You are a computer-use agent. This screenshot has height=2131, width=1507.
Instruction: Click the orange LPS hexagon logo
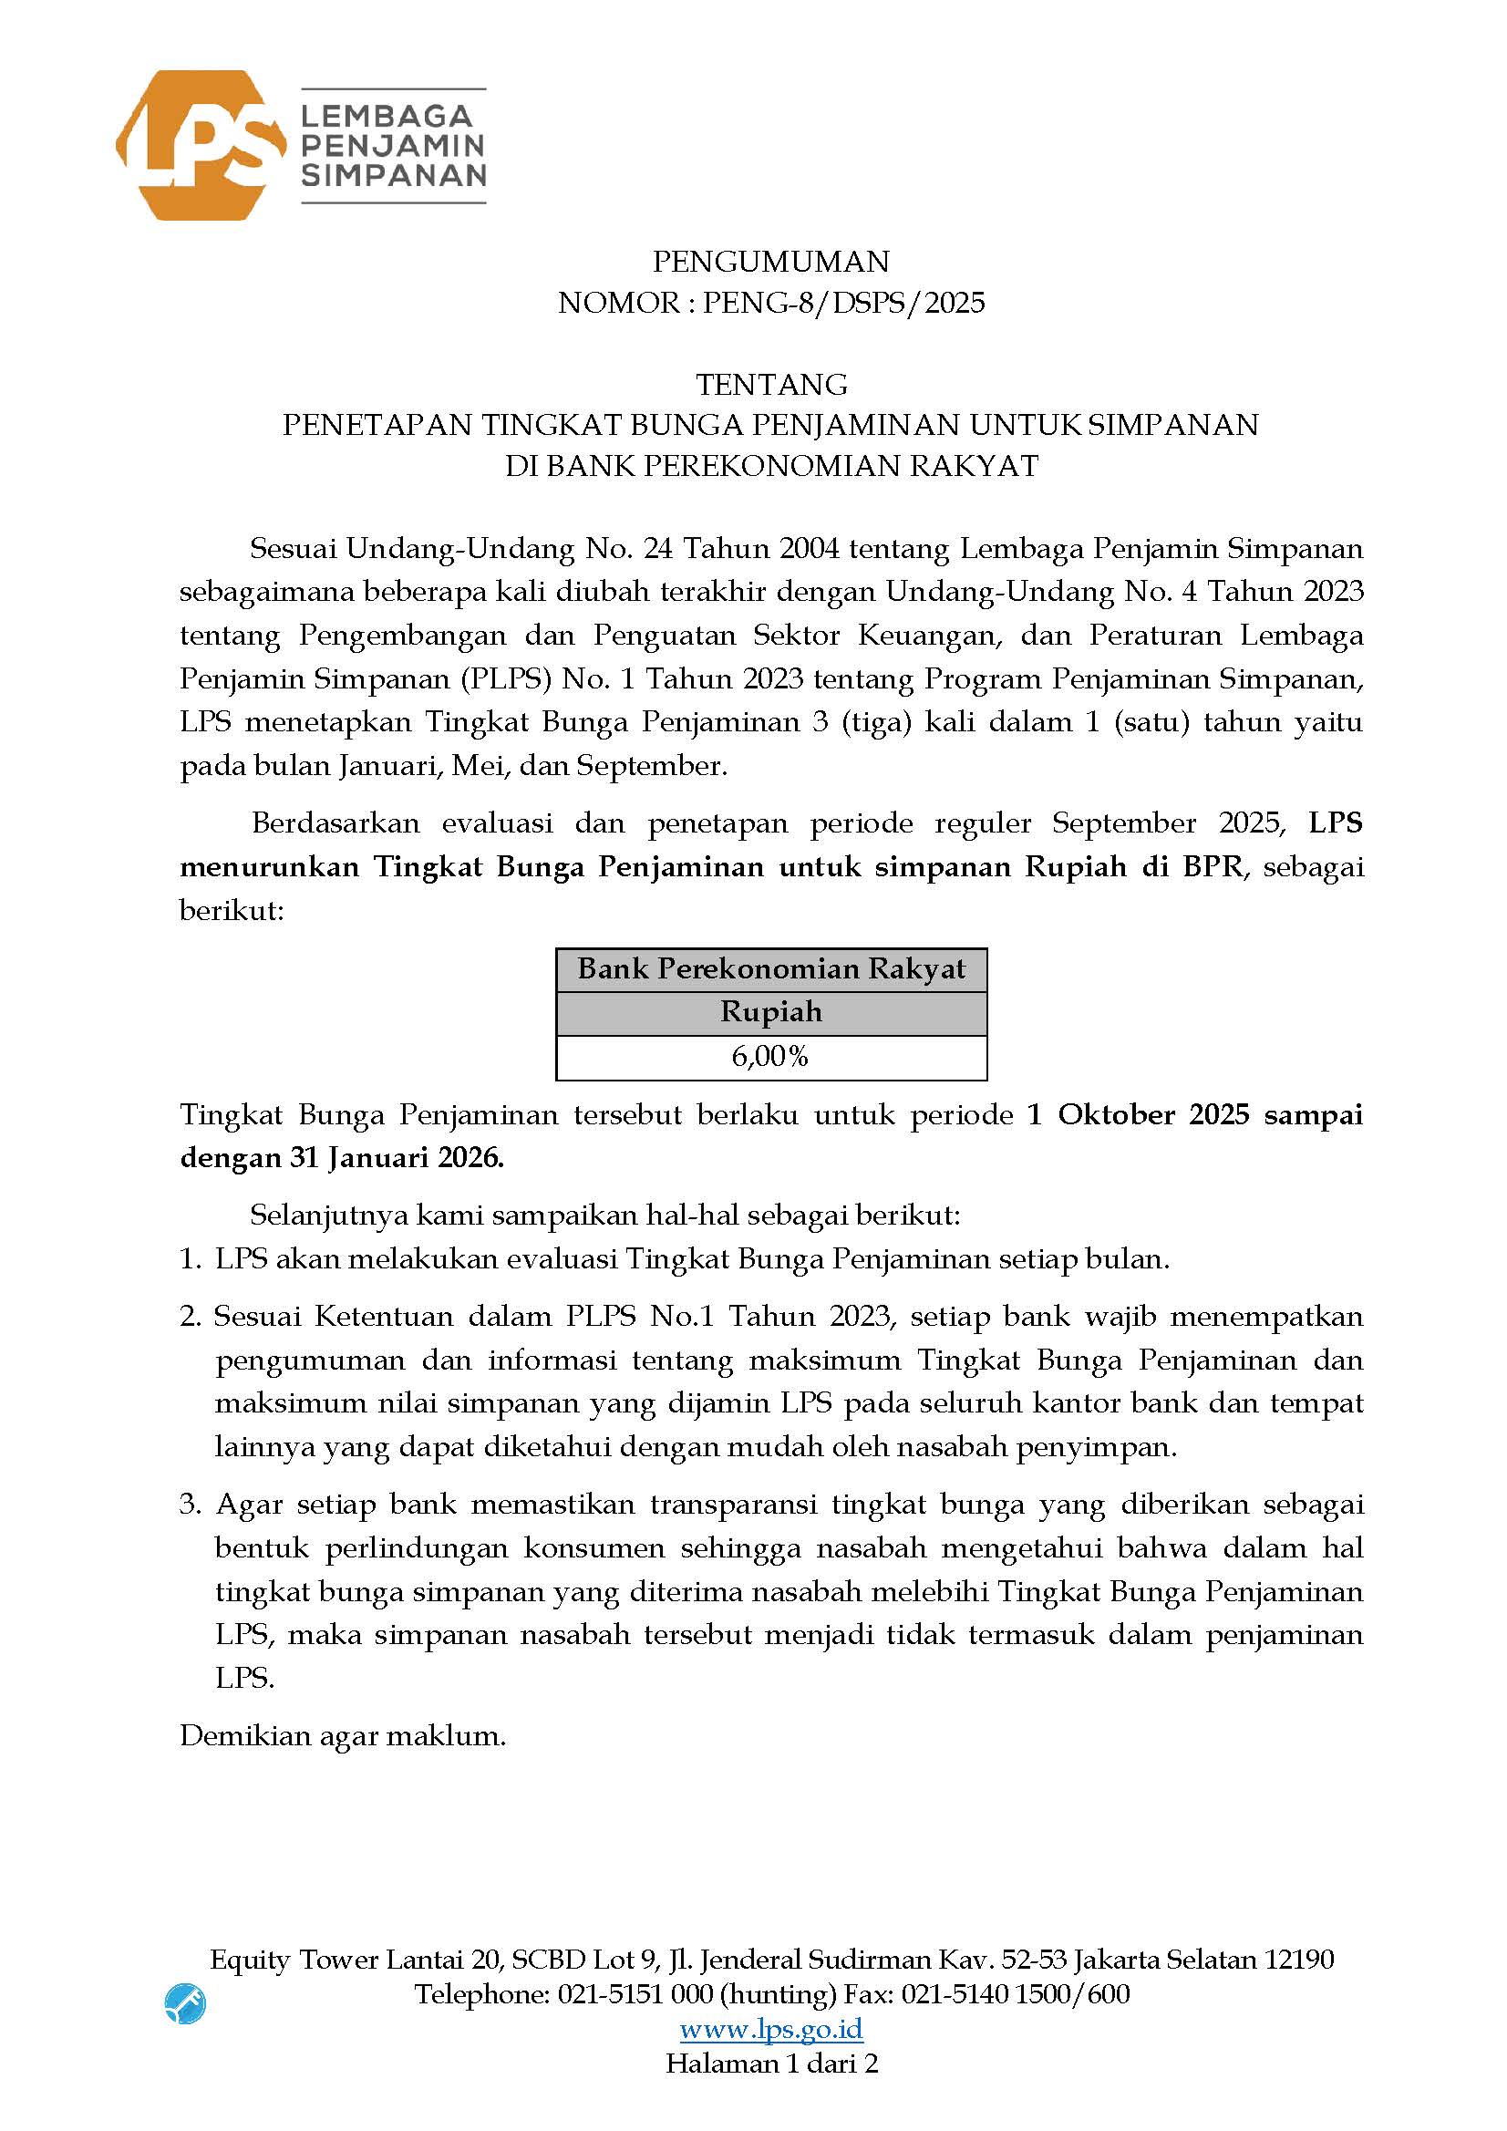point(200,145)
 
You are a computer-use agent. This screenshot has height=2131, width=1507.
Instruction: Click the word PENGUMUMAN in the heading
point(770,262)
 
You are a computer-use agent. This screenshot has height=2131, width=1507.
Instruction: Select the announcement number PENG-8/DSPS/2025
point(842,303)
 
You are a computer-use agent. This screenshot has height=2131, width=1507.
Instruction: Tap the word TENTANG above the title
point(771,383)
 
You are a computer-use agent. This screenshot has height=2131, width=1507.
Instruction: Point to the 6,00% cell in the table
point(770,1056)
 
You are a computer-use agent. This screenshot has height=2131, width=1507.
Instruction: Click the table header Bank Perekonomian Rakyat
point(770,969)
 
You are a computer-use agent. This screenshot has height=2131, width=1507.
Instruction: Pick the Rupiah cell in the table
point(770,1011)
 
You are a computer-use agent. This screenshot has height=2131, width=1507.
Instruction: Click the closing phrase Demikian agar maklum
point(343,1735)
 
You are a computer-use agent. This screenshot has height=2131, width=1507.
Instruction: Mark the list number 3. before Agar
point(191,1504)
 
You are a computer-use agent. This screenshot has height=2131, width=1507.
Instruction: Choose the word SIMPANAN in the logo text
point(394,175)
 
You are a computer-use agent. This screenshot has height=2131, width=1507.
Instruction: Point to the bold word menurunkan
point(269,866)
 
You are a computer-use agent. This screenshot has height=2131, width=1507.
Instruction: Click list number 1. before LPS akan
point(190,1258)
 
